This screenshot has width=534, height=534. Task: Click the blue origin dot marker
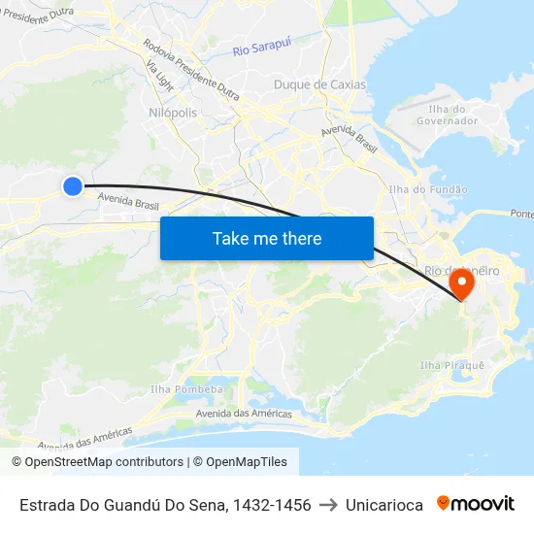(x=73, y=185)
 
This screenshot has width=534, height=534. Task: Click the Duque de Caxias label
(x=319, y=84)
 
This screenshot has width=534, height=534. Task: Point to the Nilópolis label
(x=173, y=113)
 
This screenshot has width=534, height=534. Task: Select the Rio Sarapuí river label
(x=262, y=50)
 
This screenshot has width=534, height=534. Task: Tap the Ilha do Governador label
(x=447, y=115)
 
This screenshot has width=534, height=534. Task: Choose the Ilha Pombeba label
(x=186, y=389)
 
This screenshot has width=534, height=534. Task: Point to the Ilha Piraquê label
(x=451, y=365)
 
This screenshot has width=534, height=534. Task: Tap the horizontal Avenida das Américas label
(x=244, y=414)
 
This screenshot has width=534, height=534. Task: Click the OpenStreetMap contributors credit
(x=97, y=462)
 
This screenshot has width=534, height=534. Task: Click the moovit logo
(x=476, y=504)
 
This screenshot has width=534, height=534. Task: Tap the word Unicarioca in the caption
(x=384, y=505)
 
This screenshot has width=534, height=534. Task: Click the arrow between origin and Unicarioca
(x=328, y=505)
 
